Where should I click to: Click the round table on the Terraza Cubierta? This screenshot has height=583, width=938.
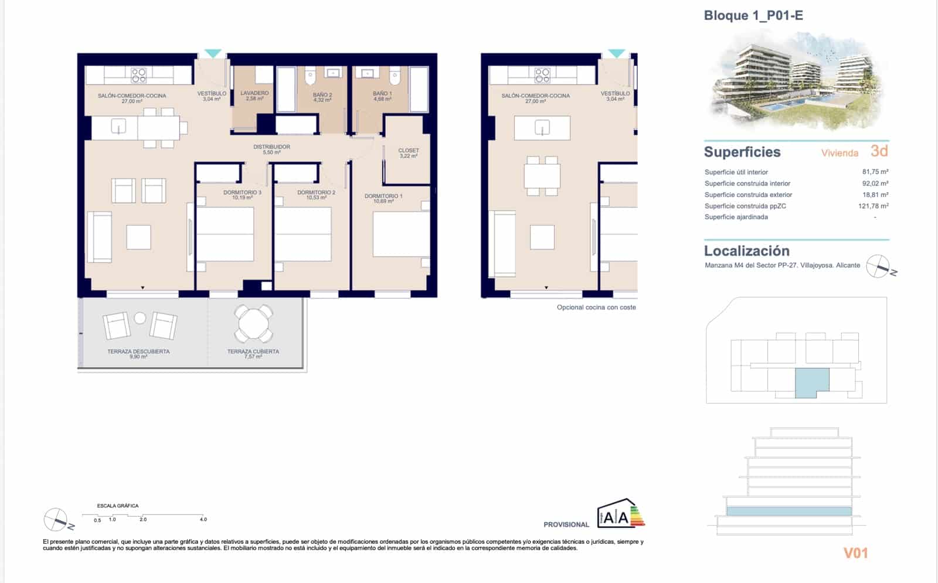[x=253, y=322]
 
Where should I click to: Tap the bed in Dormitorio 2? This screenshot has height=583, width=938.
[x=303, y=234]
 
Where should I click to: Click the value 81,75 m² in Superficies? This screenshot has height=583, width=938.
[x=875, y=172]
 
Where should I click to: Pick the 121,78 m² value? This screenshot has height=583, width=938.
[x=873, y=206]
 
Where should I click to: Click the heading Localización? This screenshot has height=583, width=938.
[x=746, y=251]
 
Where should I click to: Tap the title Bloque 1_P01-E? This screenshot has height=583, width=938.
[x=753, y=16]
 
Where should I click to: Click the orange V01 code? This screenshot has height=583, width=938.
[x=855, y=553]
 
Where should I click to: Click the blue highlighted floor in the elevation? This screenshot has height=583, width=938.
[x=789, y=512]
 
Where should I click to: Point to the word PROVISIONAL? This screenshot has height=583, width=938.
[x=566, y=525]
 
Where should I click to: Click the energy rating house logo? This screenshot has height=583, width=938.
[x=620, y=514]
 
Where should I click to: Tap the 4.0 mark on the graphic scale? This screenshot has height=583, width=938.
[x=203, y=520]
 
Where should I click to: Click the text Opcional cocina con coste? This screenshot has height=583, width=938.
[x=596, y=308]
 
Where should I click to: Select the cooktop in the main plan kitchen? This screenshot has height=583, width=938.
[x=139, y=75]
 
